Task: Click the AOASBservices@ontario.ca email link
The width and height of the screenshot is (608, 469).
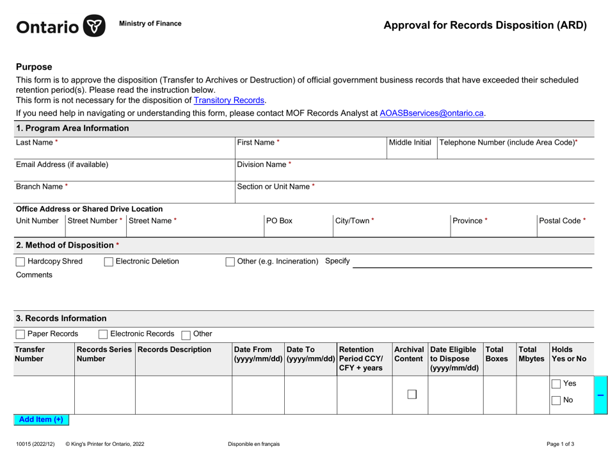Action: pos(431,113)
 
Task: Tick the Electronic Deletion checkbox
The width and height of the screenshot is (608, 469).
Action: pos(108,261)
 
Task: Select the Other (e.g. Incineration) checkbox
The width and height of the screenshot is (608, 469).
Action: pos(230,261)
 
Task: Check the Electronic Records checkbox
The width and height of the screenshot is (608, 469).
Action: pos(104,334)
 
